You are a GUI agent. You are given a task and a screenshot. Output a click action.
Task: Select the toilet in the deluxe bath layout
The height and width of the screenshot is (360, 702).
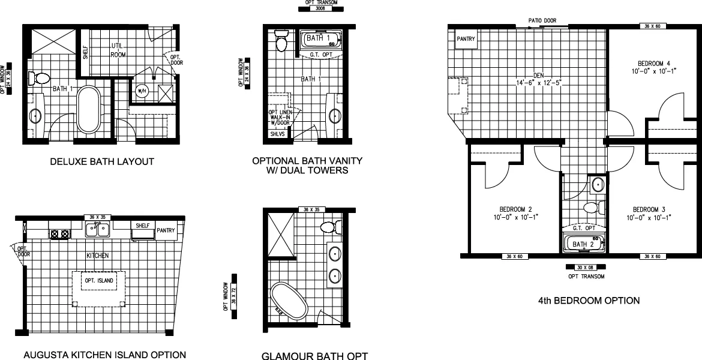(41, 78)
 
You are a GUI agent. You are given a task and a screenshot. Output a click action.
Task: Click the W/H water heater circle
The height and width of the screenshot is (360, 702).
(142, 91)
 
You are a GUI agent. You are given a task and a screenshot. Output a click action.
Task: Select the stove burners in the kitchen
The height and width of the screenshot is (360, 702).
(60, 234)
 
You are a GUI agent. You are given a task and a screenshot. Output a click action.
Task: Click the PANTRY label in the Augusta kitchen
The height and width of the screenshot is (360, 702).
(165, 230)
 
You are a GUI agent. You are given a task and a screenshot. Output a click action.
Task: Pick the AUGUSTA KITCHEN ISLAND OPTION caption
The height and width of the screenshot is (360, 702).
(100, 354)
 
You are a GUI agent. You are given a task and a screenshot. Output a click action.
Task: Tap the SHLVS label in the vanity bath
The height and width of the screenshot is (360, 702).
(277, 134)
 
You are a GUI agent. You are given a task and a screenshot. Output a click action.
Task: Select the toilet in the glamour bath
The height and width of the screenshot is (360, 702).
(329, 226)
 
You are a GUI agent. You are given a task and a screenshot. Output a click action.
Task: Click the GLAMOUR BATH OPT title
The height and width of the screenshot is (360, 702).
(314, 355)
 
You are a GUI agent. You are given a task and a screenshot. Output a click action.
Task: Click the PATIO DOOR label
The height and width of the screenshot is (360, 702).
(542, 20)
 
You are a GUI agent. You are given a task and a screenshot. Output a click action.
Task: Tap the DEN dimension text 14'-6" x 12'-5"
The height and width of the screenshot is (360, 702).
(528, 82)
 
